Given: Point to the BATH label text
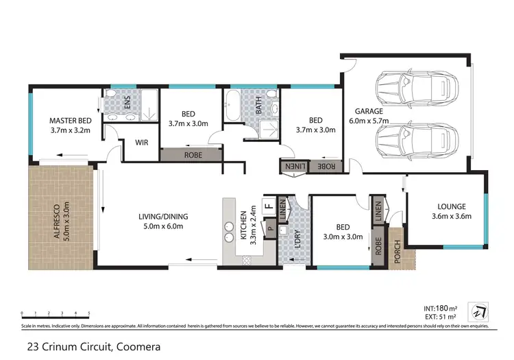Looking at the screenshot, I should (x=259, y=106).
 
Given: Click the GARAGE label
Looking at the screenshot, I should (x=369, y=111).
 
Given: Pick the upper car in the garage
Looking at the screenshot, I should (x=411, y=87).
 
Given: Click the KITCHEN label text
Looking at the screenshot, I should (x=243, y=227).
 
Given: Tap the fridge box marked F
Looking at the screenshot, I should (x=269, y=204).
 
